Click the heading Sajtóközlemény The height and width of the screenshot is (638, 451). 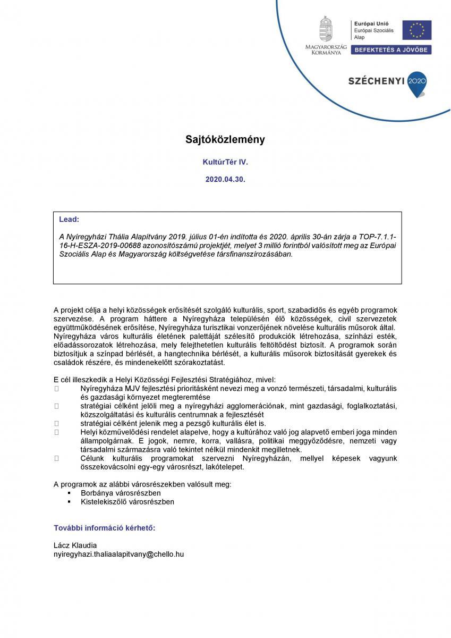225,140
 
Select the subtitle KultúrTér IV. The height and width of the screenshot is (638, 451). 225,160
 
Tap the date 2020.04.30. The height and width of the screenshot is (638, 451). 225,180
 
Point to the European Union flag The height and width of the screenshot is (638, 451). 416,30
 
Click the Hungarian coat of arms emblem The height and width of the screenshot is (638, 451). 326,29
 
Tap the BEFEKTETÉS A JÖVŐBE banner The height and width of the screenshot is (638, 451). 392,49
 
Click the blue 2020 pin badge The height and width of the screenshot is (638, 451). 416,82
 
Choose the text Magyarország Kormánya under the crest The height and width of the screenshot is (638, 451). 326,50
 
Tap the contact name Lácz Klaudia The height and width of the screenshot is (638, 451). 75,545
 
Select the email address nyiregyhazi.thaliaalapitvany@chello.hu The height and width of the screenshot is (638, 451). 119,553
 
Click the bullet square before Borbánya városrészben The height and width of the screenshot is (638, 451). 69,493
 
